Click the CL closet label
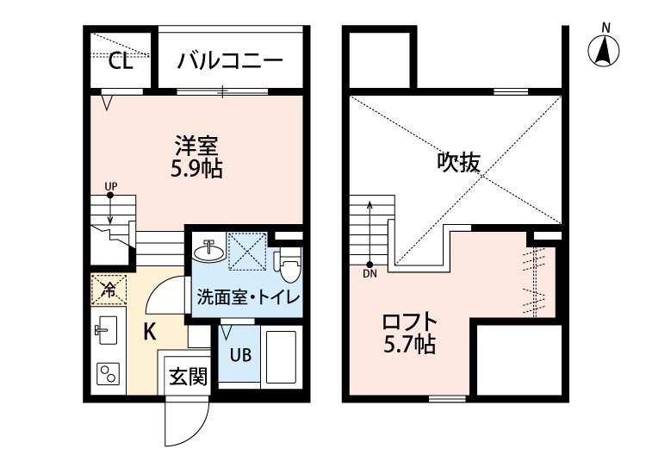tap(121, 61)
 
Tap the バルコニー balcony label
tap(230, 61)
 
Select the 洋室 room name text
tap(196, 146)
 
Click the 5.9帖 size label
tap(196, 168)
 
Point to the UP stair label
tap(110, 186)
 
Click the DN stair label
tap(370, 274)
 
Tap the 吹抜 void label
tap(458, 162)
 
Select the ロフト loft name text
tap(409, 321)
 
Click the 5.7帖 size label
tap(409, 344)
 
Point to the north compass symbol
tap(604, 51)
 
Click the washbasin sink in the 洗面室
tap(209, 250)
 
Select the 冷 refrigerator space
tap(109, 290)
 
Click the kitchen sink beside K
tap(106, 330)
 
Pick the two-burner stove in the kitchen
tap(109, 374)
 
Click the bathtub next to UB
tap(281, 357)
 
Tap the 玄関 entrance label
tap(188, 377)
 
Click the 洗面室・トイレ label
tap(248, 296)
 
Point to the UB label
tap(240, 355)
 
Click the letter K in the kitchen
tap(150, 331)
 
